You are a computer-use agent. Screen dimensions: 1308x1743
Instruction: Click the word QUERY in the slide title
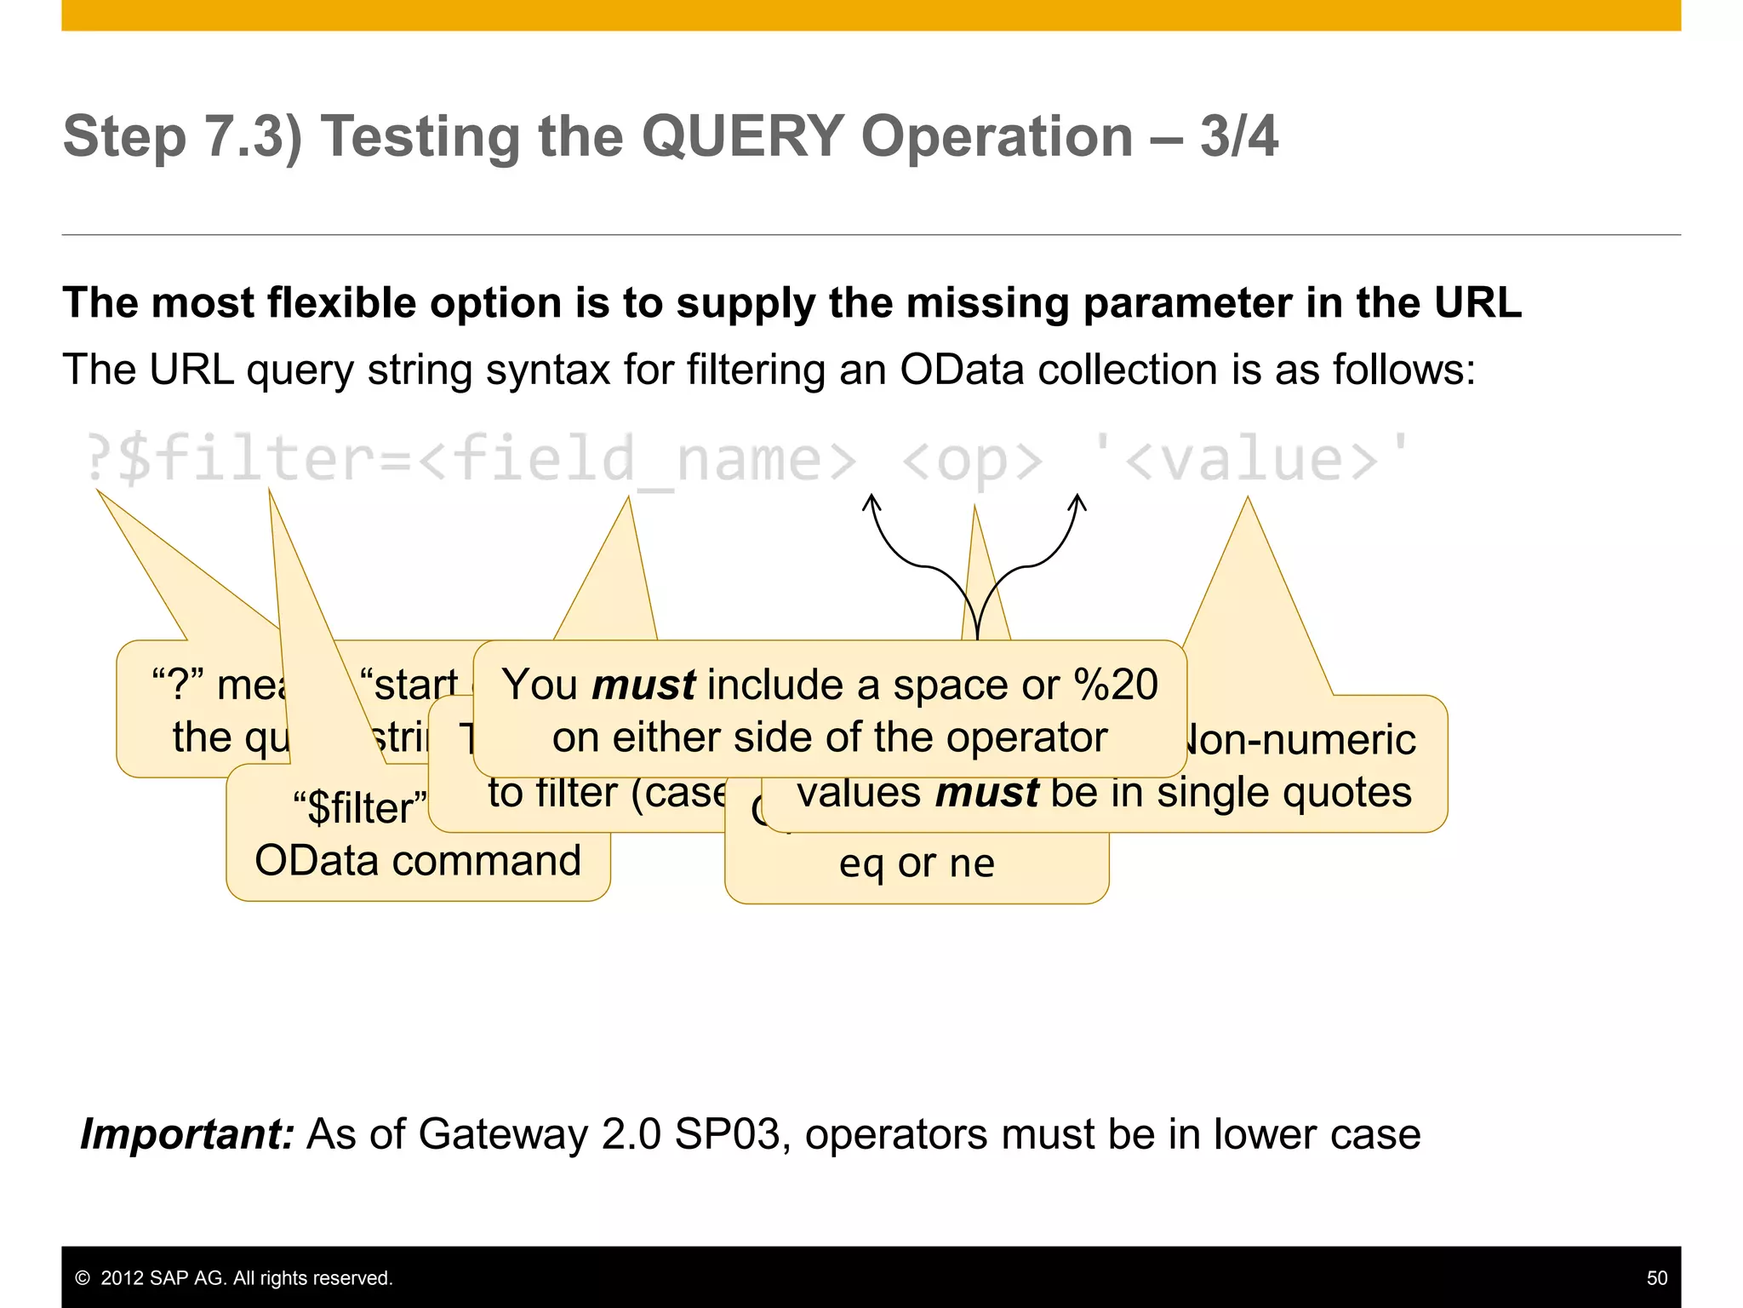[x=742, y=136]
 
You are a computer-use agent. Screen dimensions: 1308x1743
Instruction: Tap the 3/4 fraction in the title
[x=1238, y=136]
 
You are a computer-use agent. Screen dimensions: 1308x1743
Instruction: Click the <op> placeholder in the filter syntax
[x=971, y=460]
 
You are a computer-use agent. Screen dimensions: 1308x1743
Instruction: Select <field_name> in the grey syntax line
[x=638, y=460]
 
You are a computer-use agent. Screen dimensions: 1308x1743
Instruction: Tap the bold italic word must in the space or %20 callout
[x=643, y=686]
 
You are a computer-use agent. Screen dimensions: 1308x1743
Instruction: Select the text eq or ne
[x=917, y=863]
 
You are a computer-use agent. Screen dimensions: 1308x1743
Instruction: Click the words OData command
[x=418, y=860]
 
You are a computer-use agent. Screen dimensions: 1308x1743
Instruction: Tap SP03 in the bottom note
[x=728, y=1134]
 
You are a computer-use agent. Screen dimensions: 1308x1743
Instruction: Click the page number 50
[x=1656, y=1278]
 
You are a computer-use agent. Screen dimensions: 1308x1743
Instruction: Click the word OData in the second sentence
[x=961, y=370]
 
